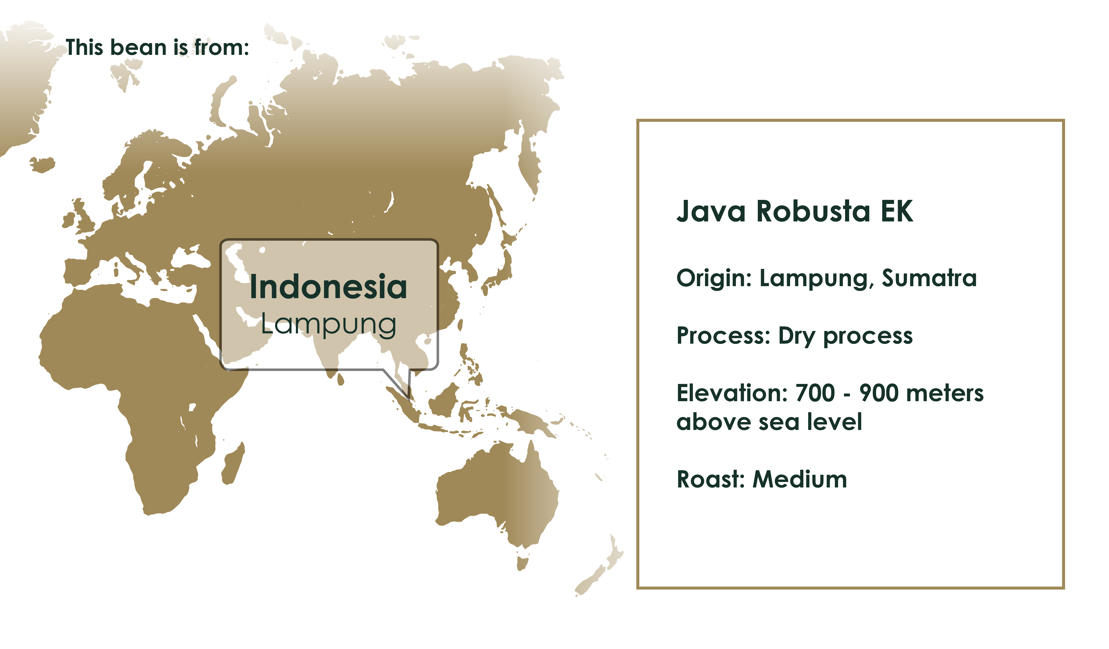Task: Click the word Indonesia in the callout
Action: (x=328, y=287)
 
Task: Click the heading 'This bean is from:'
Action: (x=157, y=47)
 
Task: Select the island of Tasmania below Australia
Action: (x=522, y=563)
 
